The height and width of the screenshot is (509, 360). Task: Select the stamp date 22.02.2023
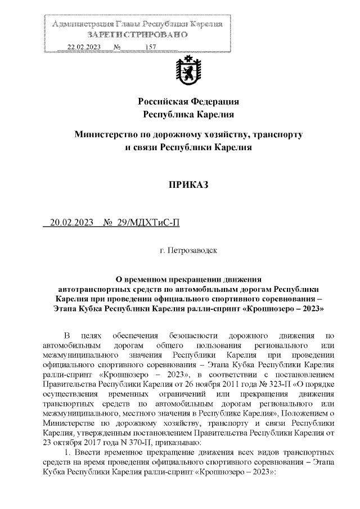[83, 47]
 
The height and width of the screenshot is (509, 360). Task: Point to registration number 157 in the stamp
[150, 47]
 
